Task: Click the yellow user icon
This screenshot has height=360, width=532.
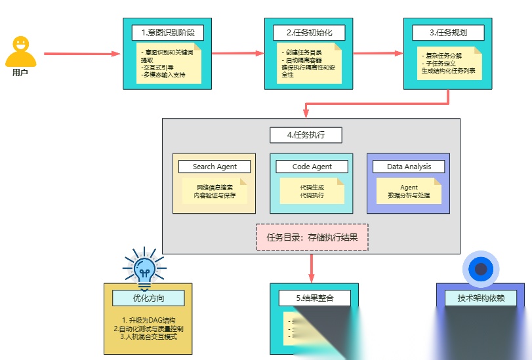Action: pyautogui.click(x=20, y=51)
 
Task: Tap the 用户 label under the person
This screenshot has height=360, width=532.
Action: pyautogui.click(x=20, y=73)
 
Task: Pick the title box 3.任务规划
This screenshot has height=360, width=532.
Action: pyautogui.click(x=448, y=32)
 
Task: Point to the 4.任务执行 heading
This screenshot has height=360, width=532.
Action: pyautogui.click(x=306, y=135)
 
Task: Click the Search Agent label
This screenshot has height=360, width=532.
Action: pyautogui.click(x=214, y=167)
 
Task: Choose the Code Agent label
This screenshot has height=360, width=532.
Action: pyautogui.click(x=312, y=167)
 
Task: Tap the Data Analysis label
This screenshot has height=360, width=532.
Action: pyautogui.click(x=409, y=167)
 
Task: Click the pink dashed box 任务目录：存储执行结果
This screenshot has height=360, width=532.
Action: pyautogui.click(x=312, y=237)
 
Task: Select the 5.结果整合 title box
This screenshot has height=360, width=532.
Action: pyautogui.click(x=314, y=298)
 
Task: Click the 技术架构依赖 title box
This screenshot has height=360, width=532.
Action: pyautogui.click(x=481, y=298)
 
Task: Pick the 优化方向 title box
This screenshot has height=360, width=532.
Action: pyautogui.click(x=148, y=298)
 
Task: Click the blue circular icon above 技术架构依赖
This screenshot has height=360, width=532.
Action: pyautogui.click(x=481, y=269)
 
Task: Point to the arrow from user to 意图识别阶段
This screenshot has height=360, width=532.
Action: pyautogui.click(x=82, y=54)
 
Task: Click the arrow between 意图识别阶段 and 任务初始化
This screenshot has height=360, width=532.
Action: pyautogui.click(x=238, y=53)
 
